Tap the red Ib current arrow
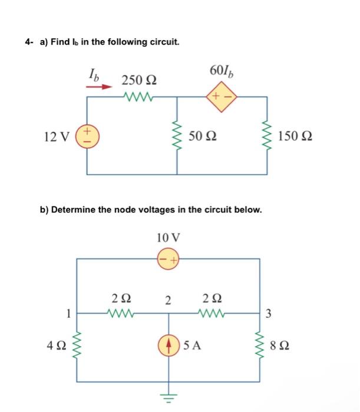pyautogui.click(x=98, y=87)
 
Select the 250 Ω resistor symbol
pyautogui.click(x=138, y=96)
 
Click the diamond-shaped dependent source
pyautogui.click(x=222, y=96)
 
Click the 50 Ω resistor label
pyautogui.click(x=203, y=137)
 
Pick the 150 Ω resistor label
pyautogui.click(x=295, y=137)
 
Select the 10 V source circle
pyautogui.click(x=168, y=258)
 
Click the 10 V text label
pyautogui.click(x=169, y=238)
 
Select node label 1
pyautogui.click(x=69, y=314)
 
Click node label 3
pyautogui.click(x=269, y=314)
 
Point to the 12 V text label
pyautogui.click(x=56, y=137)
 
